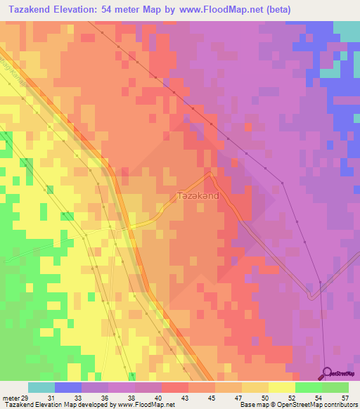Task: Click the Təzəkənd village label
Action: click(x=198, y=197)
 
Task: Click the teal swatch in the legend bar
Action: click(x=41, y=387)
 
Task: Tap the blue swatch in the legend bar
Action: click(x=68, y=387)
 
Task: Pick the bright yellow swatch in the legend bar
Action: click(x=282, y=387)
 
